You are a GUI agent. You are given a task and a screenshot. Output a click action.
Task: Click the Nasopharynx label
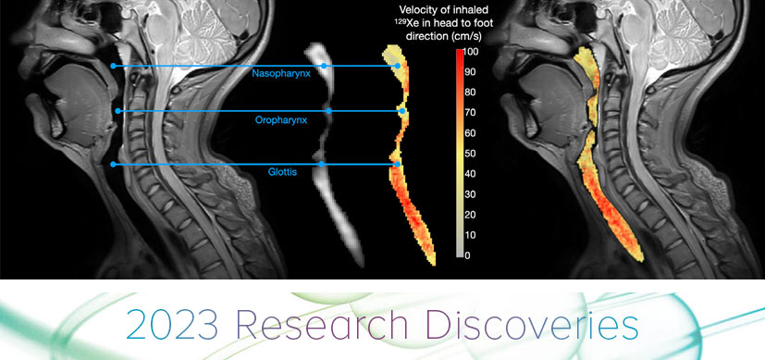281,72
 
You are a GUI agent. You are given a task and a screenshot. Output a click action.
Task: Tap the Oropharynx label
282,120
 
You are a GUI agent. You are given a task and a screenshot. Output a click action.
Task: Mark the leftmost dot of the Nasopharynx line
113,66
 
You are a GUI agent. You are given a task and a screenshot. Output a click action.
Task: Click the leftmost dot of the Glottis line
113,165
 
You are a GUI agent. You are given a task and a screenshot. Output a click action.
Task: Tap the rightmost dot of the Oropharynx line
402,111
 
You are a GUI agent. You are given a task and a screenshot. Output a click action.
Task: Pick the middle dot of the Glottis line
321,165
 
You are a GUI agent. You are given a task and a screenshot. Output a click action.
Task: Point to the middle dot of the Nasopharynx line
324,66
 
